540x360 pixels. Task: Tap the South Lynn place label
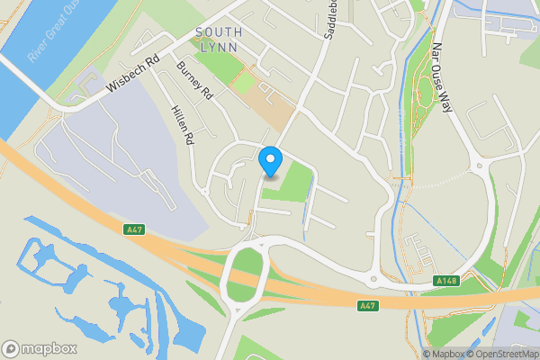219,40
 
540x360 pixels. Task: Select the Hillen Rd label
182,125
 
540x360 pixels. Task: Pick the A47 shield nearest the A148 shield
366,306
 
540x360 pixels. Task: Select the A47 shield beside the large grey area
133,230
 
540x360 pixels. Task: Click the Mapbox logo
40,349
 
